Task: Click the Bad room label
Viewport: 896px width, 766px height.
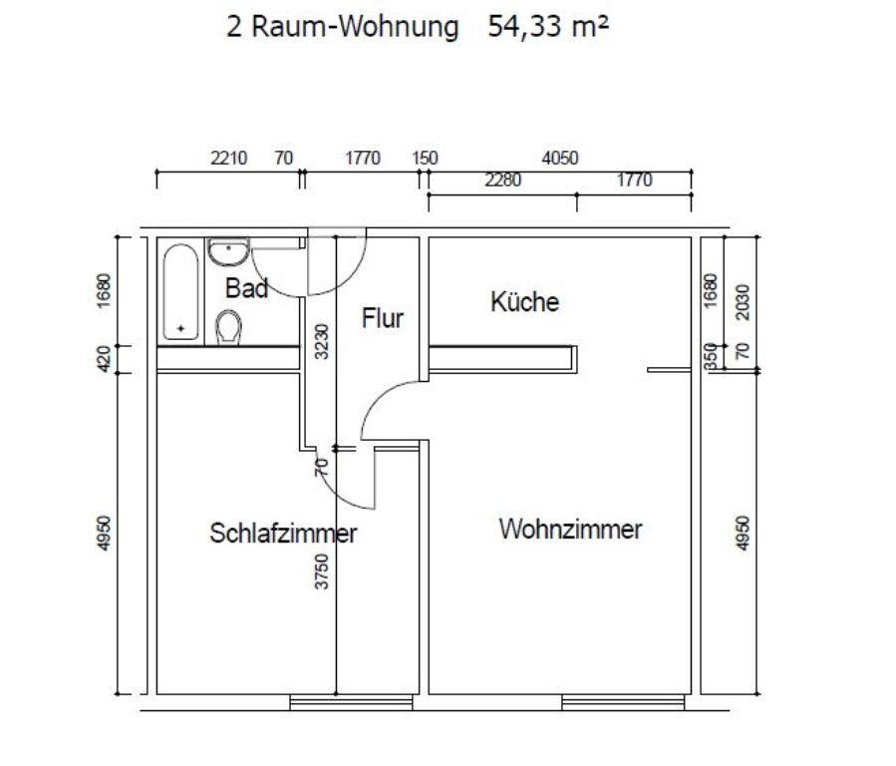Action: point(246,288)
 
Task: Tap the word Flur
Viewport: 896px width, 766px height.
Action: point(383,318)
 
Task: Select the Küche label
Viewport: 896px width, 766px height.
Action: point(524,301)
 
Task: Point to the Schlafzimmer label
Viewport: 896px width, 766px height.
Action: point(283,534)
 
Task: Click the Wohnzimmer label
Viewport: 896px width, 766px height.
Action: point(570,529)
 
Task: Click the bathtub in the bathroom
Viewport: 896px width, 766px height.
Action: point(180,292)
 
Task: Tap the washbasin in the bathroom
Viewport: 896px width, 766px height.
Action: point(228,252)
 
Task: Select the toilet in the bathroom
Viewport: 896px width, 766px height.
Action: point(228,327)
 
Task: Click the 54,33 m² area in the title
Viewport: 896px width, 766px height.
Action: point(548,26)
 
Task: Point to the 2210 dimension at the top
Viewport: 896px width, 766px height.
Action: point(228,158)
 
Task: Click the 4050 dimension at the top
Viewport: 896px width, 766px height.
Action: point(560,158)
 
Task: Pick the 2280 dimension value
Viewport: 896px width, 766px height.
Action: point(503,181)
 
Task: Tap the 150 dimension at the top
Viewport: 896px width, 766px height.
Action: point(426,158)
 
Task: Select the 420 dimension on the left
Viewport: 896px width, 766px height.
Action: point(104,359)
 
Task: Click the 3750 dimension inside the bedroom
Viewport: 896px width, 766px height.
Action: point(322,572)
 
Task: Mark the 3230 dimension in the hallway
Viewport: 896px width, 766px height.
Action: point(322,341)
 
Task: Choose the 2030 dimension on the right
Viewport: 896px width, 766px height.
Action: point(743,302)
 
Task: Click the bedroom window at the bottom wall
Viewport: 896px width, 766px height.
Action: point(351,702)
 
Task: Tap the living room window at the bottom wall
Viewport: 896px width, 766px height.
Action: point(623,702)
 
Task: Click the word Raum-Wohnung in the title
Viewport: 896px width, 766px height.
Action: point(355,27)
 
